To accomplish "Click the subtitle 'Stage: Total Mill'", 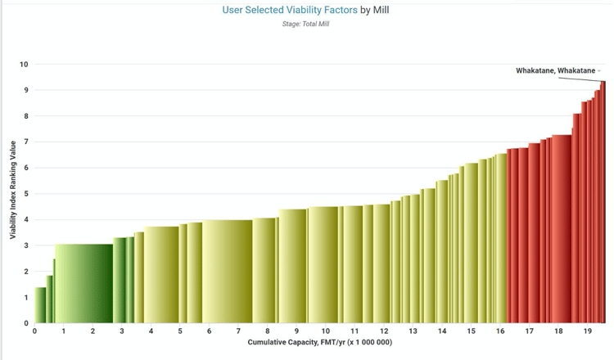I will (306, 24).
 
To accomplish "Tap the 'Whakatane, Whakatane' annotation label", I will (555, 71).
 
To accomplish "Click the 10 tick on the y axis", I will (24, 65).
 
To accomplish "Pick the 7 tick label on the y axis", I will (25, 142).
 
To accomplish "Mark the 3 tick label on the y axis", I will (25, 245).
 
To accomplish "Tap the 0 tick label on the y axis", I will (25, 323).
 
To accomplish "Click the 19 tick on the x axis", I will (587, 331).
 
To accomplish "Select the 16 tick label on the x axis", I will (500, 331).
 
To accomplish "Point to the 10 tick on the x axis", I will (326, 331).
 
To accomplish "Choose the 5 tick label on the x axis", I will (180, 331).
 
